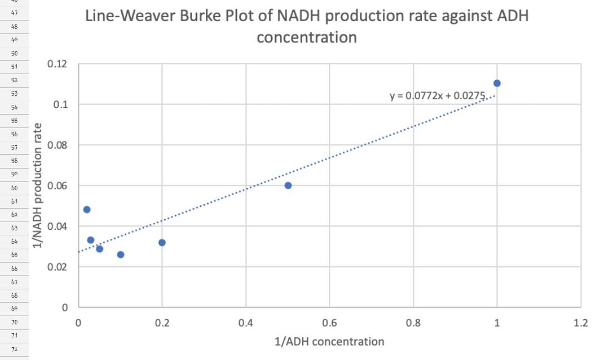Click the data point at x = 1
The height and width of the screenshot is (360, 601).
[497, 83]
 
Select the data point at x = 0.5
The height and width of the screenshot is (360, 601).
[288, 185]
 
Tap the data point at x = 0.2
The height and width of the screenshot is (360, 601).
[162, 243]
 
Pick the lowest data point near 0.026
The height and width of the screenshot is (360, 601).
[120, 254]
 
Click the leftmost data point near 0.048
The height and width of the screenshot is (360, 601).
[87, 210]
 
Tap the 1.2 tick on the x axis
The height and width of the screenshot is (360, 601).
[580, 323]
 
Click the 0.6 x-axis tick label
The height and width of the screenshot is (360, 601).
[329, 323]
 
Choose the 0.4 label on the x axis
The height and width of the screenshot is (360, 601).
[245, 323]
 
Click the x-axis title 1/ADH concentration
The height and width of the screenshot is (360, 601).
[329, 341]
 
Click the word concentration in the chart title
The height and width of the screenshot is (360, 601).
[306, 37]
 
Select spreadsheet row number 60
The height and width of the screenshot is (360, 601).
[14, 188]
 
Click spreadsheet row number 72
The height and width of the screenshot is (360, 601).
[14, 349]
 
